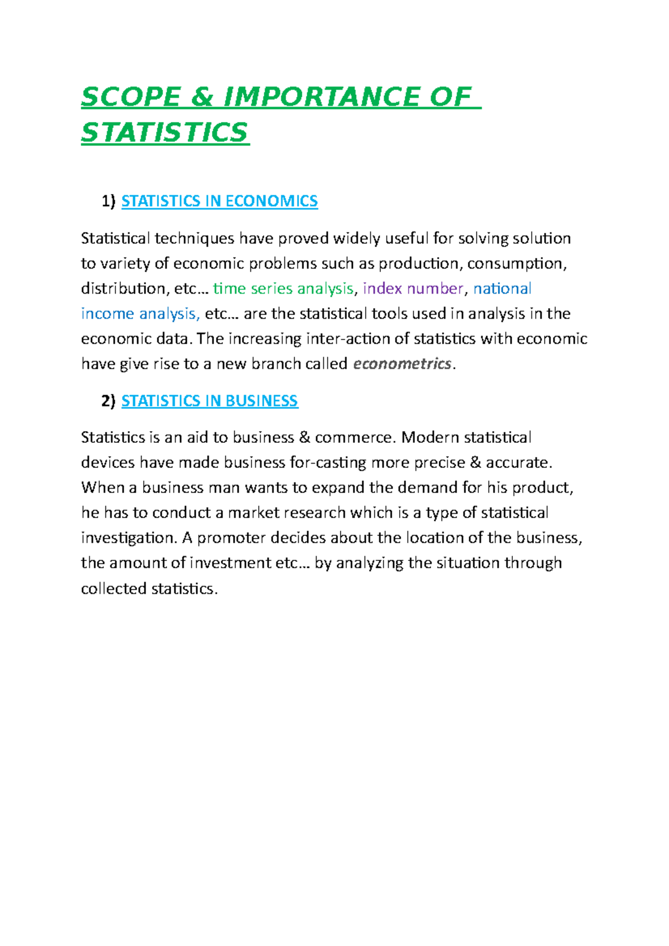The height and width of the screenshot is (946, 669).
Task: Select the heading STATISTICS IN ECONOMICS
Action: point(220,201)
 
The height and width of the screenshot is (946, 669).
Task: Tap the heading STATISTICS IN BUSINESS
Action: point(210,401)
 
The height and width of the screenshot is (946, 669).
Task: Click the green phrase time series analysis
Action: point(283,289)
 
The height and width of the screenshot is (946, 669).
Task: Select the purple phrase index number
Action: point(413,289)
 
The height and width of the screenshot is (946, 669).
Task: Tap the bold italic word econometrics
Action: point(402,364)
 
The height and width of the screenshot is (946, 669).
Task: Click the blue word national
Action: point(502,289)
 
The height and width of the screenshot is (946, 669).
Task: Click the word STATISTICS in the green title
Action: point(164,133)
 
